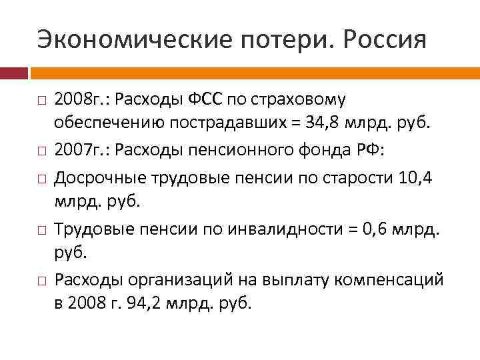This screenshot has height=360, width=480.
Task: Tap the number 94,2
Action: point(153,303)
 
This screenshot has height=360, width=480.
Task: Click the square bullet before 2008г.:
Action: point(41,101)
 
